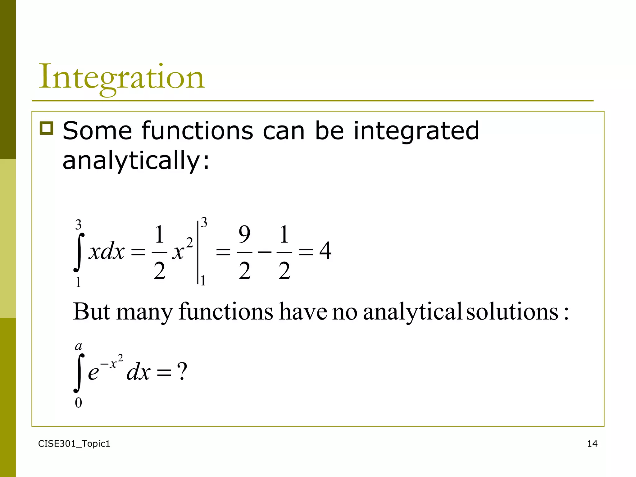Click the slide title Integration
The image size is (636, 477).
coord(121,77)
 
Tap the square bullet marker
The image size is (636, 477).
coord(47,128)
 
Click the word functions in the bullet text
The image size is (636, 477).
coord(198,131)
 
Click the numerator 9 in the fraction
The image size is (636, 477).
coord(244,235)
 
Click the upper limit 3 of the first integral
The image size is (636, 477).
coord(78,224)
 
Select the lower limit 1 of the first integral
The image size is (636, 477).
coord(78,282)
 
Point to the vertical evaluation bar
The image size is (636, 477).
coord(198,252)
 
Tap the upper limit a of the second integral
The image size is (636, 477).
coord(79,346)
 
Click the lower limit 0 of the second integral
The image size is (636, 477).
coord(78,403)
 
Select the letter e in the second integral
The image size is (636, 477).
coord(93,373)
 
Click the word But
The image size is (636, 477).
coord(91,311)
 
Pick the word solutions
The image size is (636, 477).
coord(512,311)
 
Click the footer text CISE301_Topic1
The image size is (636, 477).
coord(74,444)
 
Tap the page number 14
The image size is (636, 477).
coord(592,444)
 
